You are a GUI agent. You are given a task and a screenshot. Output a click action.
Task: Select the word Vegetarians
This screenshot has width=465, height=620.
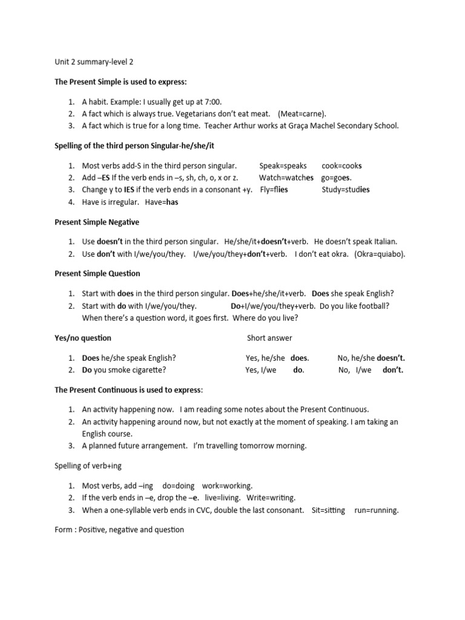tap(181, 114)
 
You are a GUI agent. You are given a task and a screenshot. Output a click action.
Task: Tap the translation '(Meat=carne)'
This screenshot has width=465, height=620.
tap(302, 114)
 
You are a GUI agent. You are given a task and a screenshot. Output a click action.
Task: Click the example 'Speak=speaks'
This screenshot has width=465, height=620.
tap(283, 166)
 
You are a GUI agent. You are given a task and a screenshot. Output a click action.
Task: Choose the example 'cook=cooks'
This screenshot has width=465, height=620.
tap(341, 166)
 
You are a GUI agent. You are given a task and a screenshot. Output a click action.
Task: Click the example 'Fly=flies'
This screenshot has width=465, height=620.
tap(274, 190)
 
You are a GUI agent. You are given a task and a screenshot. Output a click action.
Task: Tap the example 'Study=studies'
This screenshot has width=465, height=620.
tap(345, 190)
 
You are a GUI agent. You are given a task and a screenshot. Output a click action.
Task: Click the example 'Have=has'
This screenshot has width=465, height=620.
tap(162, 202)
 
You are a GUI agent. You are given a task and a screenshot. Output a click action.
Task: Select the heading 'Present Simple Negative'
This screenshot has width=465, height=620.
tap(97, 222)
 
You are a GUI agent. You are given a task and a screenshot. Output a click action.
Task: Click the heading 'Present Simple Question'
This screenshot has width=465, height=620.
tap(97, 274)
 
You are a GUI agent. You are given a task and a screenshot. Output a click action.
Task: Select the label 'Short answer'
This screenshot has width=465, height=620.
tap(269, 338)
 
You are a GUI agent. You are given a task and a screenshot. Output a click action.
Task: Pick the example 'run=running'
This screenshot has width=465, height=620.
tap(377, 510)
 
